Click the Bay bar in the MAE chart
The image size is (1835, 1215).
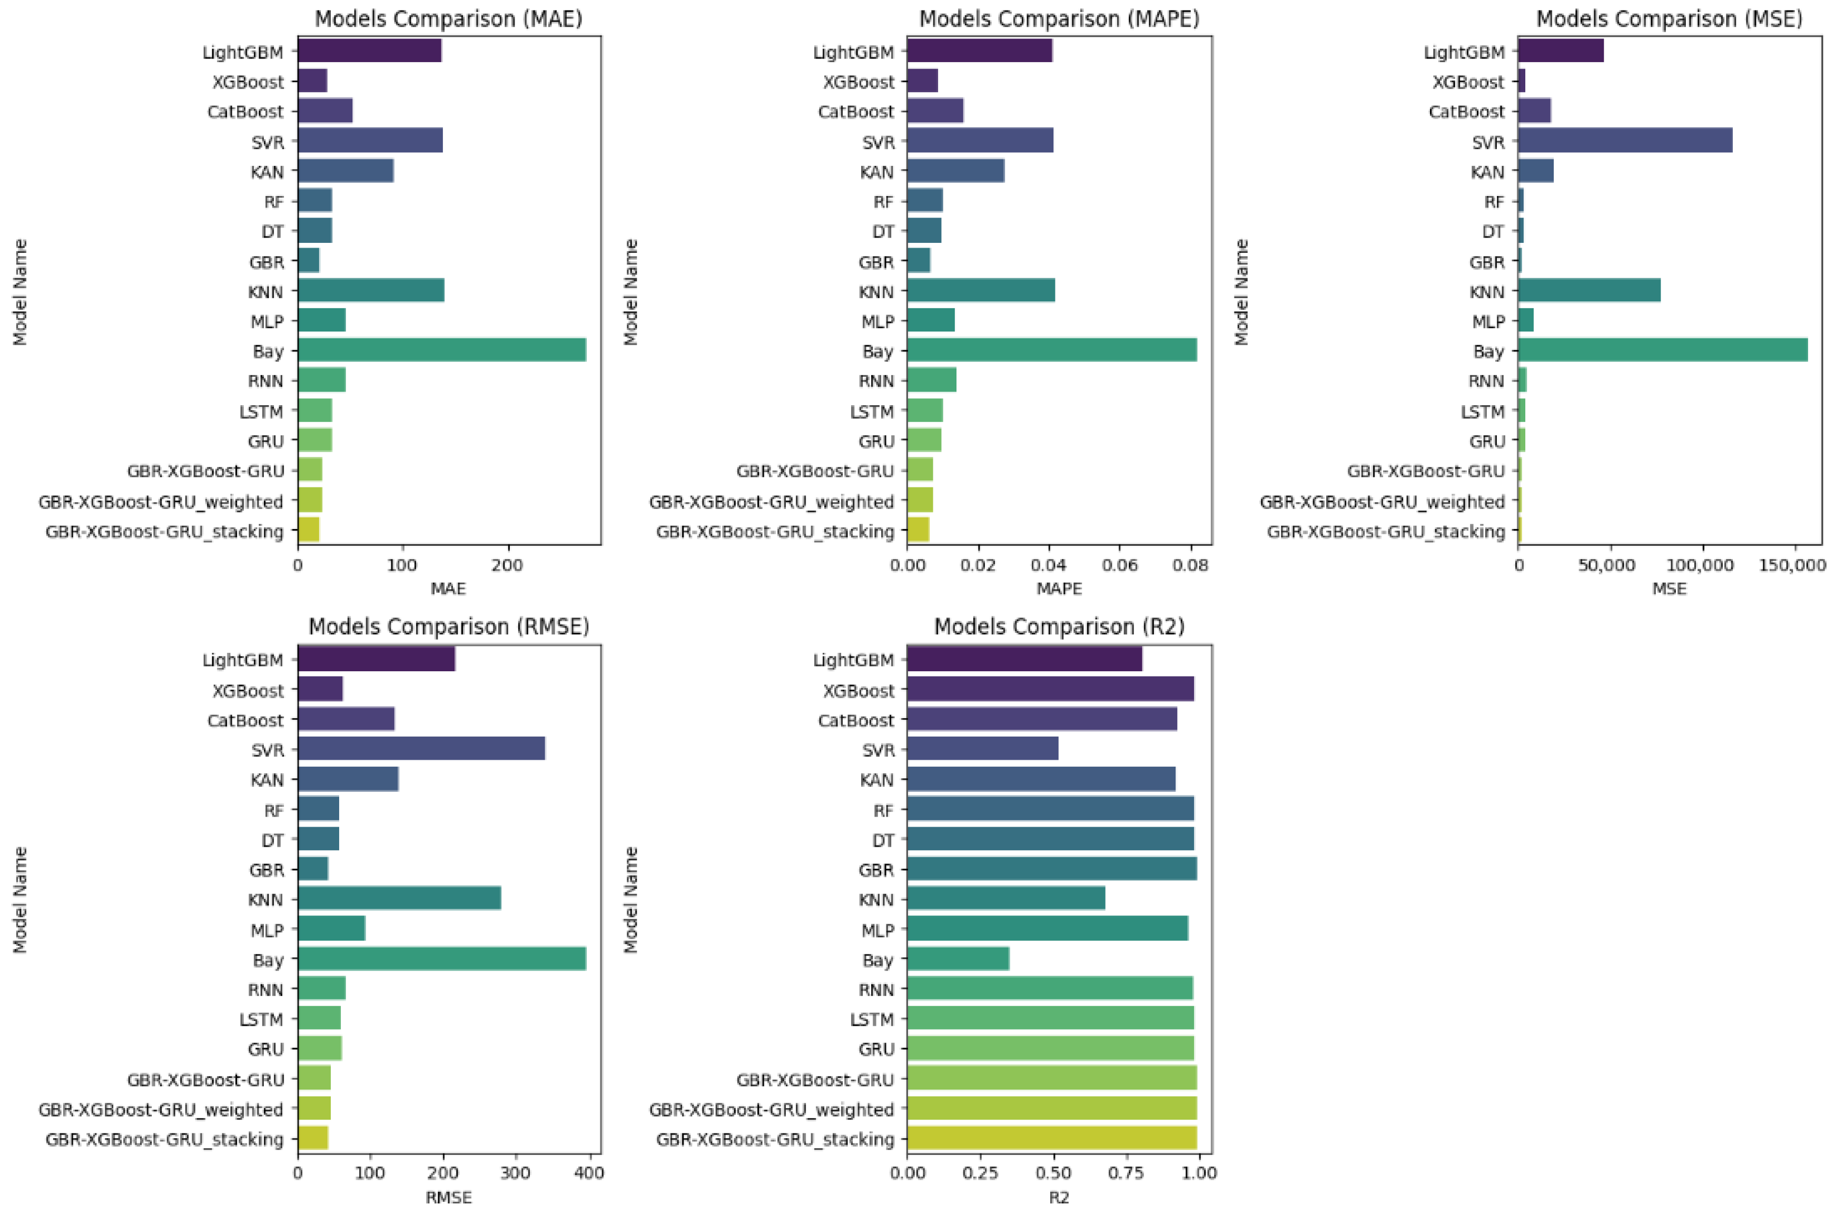441,350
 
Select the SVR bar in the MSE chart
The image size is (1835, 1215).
1624,141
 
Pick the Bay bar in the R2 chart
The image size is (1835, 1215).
958,959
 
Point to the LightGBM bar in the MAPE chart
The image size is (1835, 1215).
979,51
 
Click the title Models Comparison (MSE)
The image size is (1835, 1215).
1669,18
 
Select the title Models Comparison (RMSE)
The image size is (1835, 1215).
449,626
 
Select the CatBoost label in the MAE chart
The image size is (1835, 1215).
245,112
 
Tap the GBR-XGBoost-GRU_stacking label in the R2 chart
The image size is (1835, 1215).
775,1139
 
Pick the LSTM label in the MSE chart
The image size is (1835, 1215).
1482,411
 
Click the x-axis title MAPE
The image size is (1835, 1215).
1059,589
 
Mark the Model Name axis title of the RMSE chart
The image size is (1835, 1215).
20,899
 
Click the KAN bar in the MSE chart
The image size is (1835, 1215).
1535,171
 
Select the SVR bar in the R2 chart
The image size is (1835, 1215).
982,749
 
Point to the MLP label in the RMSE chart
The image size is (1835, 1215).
267,930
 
